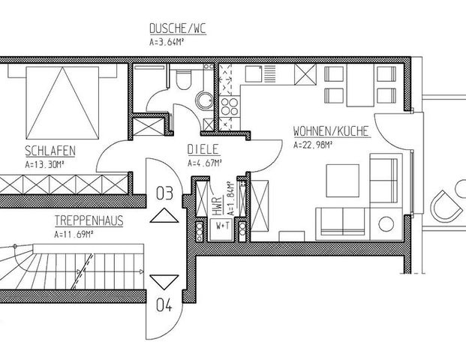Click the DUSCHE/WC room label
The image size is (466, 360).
(x=177, y=30)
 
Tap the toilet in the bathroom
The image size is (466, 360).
(x=182, y=81)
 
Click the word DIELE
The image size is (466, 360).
(x=203, y=149)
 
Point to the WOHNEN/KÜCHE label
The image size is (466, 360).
(x=331, y=130)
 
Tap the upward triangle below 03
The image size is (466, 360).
(x=164, y=217)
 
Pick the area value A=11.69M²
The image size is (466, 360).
(x=73, y=234)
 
